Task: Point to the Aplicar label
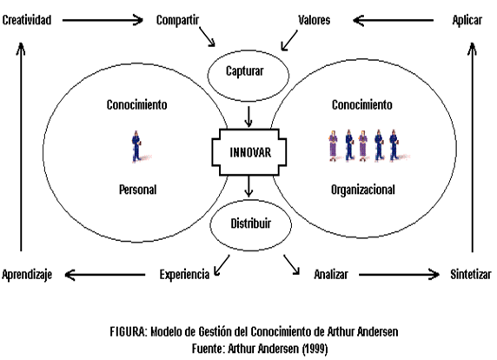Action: click(x=467, y=19)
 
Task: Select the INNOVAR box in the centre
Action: click(x=250, y=151)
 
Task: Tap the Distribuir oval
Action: click(x=250, y=224)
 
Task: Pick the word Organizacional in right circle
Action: click(x=362, y=189)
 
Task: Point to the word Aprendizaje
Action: click(x=28, y=275)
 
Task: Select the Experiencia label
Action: click(x=184, y=275)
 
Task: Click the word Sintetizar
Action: click(x=469, y=275)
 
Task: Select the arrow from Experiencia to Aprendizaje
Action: click(x=106, y=275)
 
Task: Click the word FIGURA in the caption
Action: click(x=129, y=331)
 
